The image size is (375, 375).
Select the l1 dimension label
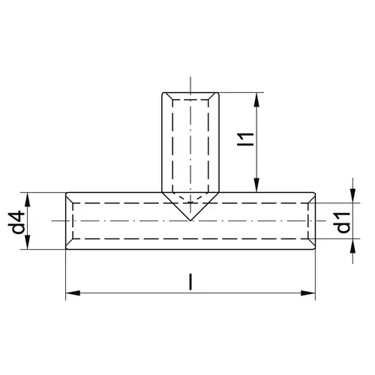[x=246, y=139]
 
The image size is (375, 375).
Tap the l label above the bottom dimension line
[x=190, y=282]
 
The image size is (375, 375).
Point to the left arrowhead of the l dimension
[x=73, y=293]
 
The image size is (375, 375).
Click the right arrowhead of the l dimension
[x=308, y=293]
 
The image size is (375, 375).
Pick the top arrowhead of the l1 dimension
[x=256, y=100]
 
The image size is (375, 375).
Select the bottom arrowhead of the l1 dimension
[x=256, y=185]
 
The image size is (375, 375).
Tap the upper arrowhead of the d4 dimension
[x=28, y=199]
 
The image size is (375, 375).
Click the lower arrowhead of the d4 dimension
[x=28, y=242]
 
